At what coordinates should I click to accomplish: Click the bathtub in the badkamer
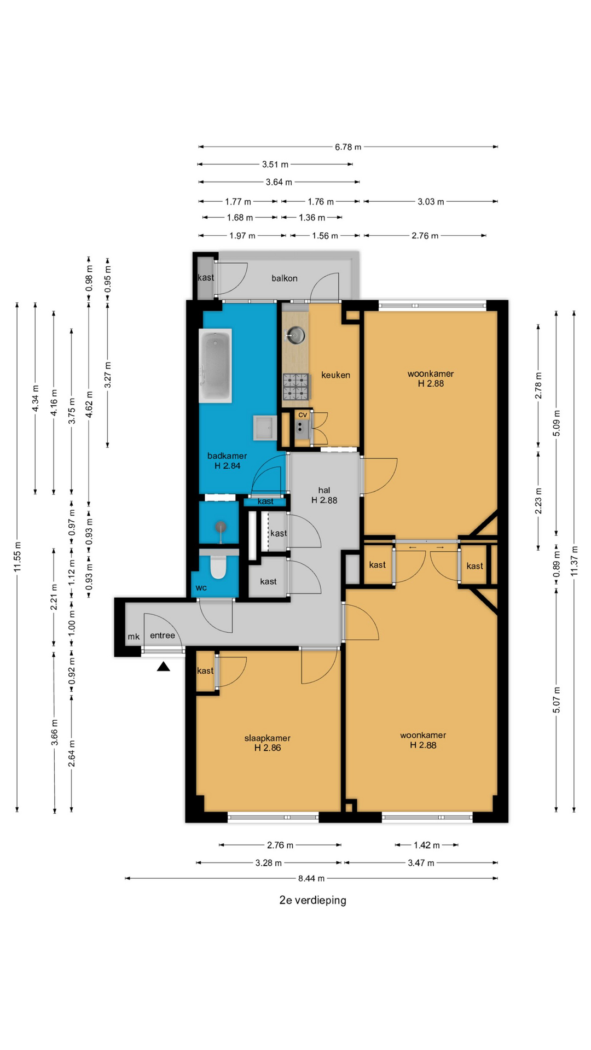coord(215,366)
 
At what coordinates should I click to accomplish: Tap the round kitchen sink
coord(296,335)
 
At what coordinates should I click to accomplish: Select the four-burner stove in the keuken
coord(296,387)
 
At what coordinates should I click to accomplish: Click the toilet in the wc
coord(218,567)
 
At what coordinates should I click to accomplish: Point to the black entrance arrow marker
coord(163,667)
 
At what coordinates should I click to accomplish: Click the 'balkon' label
coord(285,278)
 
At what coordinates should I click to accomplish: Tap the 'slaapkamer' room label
coord(267,738)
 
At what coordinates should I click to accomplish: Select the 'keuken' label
coord(335,375)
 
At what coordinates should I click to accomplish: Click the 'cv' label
coord(303,415)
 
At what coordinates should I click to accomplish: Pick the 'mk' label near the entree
coord(134,637)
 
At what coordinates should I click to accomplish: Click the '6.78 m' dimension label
coord(348,147)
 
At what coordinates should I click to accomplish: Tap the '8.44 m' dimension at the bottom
coord(311,878)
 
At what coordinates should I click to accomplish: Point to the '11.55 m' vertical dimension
coord(18,557)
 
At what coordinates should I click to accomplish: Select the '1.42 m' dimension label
coord(427,845)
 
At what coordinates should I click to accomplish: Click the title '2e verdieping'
coord(312,900)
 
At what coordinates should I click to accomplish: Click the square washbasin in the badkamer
coord(265,428)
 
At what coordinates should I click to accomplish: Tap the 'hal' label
coord(324,490)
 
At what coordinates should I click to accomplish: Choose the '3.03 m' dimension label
coord(431,202)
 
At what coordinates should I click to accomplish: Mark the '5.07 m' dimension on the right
coord(557,699)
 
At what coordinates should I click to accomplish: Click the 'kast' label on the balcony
coord(206,278)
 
